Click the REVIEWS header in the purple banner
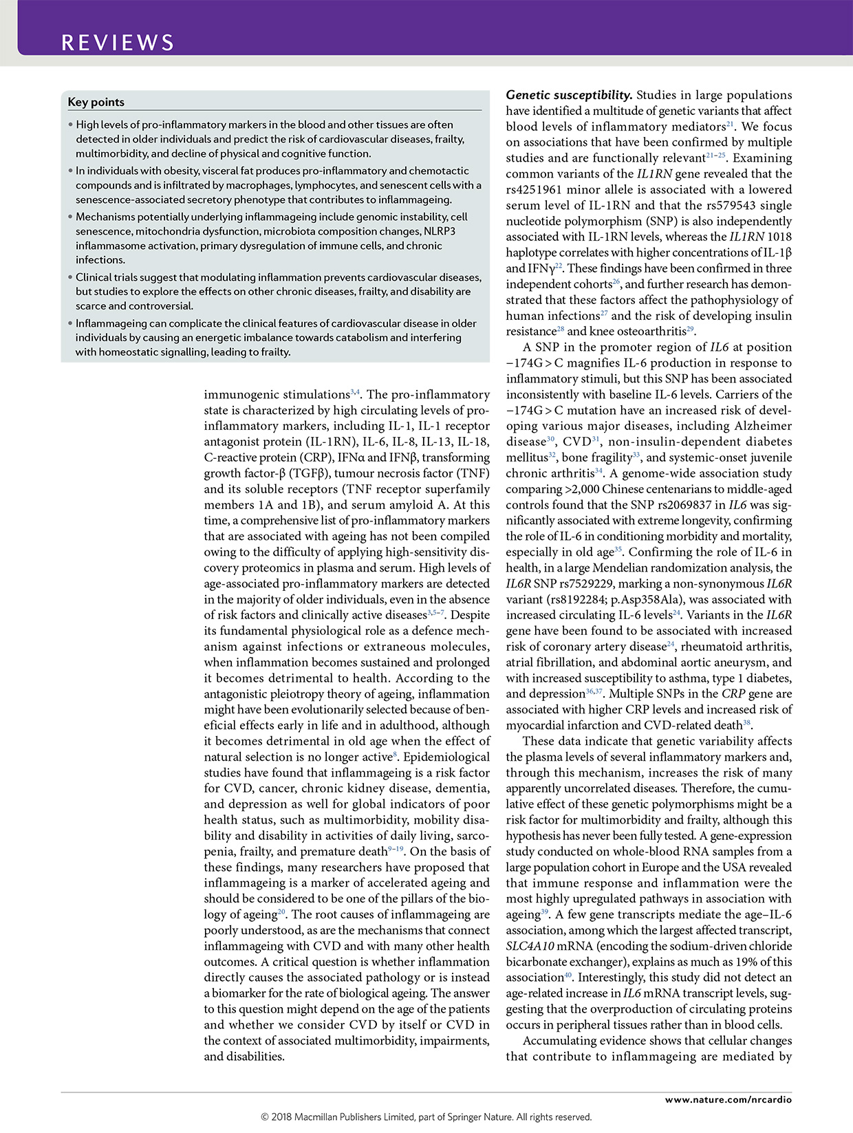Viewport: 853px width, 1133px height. (x=118, y=43)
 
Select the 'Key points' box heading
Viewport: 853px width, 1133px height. (x=96, y=102)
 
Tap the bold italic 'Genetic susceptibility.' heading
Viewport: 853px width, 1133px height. (x=569, y=95)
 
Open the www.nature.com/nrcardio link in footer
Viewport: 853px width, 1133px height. (x=728, y=1099)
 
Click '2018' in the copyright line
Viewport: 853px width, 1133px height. (x=282, y=1117)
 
